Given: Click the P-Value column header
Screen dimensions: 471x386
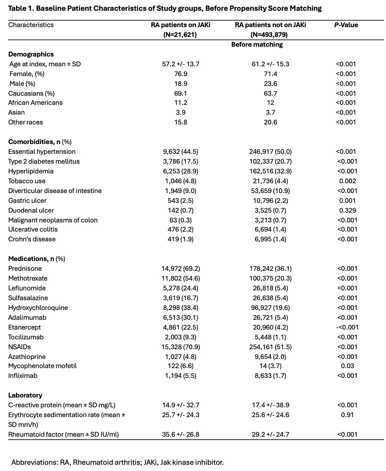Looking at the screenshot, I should click(346, 25).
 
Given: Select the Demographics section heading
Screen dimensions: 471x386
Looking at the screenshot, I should click(31, 54).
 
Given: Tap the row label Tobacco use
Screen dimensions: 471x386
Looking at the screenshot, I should click(27, 181).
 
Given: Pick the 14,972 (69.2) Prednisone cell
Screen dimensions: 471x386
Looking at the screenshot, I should click(180, 268).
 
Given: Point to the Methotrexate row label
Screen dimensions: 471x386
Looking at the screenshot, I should click(28, 278).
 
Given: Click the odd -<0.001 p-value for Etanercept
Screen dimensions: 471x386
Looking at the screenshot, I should click(347, 327).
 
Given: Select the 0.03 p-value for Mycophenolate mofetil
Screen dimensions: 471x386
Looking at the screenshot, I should click(347, 366).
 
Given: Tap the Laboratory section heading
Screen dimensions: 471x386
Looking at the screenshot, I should click(25, 395).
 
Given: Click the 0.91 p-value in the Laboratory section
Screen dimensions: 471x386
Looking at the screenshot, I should click(347, 415).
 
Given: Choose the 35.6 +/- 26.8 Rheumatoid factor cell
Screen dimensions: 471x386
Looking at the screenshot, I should click(180, 434).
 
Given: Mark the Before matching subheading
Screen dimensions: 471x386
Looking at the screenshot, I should click(257, 44).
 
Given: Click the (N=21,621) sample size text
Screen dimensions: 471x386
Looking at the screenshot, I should click(180, 35).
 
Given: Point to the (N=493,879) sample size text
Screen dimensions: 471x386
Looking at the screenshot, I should click(270, 35).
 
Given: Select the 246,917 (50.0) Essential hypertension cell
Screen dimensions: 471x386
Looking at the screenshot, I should click(270, 152).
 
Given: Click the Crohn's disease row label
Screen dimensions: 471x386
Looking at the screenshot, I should click(32, 239).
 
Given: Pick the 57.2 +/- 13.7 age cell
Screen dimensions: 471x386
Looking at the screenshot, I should click(180, 64).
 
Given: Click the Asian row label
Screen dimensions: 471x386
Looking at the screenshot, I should click(16, 112).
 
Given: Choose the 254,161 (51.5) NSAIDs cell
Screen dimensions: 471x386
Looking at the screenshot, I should click(270, 347).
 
